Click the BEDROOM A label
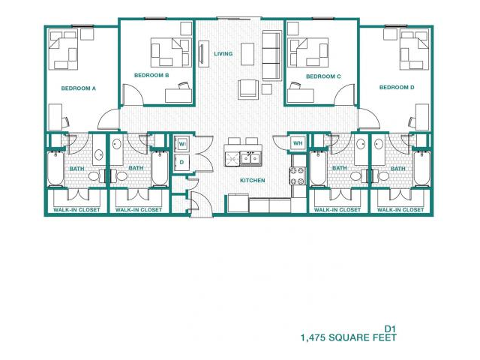pyautogui.click(x=78, y=88)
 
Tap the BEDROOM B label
pyautogui.click(x=151, y=75)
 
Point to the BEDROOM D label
pyautogui.click(x=397, y=88)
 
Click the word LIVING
pyautogui.click(x=223, y=54)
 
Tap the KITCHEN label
pyautogui.click(x=252, y=181)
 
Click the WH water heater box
pyautogui.click(x=297, y=143)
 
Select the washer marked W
pyautogui.click(x=181, y=143)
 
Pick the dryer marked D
pyautogui.click(x=181, y=161)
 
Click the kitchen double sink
pyautogui.click(x=250, y=158)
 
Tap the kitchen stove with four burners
pyautogui.click(x=298, y=175)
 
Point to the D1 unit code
pyautogui.click(x=389, y=328)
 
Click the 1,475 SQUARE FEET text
pyautogui.click(x=347, y=338)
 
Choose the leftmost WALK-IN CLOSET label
pyautogui.click(x=76, y=210)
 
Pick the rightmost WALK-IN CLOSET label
pyautogui.click(x=400, y=210)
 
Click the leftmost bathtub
pyautogui.click(x=56, y=169)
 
